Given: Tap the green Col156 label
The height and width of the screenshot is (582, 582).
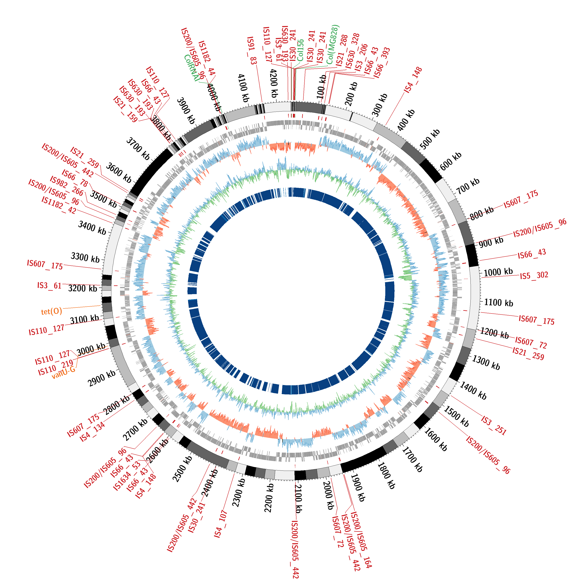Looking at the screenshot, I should pos(300,50).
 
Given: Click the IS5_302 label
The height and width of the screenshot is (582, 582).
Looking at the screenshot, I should pos(534,275).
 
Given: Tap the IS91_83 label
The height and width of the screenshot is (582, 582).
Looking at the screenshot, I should pos(252,51).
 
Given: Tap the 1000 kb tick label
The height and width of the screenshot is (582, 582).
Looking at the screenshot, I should pos(498,272).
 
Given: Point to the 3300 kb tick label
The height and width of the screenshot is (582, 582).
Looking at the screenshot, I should pos(85,257).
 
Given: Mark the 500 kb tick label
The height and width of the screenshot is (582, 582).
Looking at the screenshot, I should pos(430,139).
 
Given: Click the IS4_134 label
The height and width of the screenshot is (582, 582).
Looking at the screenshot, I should pos(92,432).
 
